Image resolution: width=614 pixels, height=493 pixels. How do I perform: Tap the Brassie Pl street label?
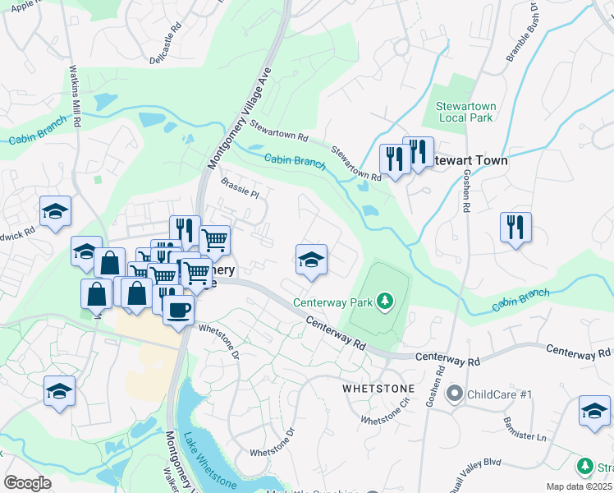tap(239, 191)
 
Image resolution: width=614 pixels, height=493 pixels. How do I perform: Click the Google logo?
tap(27, 482)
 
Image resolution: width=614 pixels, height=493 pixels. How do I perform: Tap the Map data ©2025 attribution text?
tap(579, 486)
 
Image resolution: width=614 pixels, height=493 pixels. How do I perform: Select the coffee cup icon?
tap(178, 310)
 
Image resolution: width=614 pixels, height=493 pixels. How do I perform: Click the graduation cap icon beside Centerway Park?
tap(311, 260)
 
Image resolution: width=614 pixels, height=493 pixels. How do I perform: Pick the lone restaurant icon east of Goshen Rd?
tap(515, 226)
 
